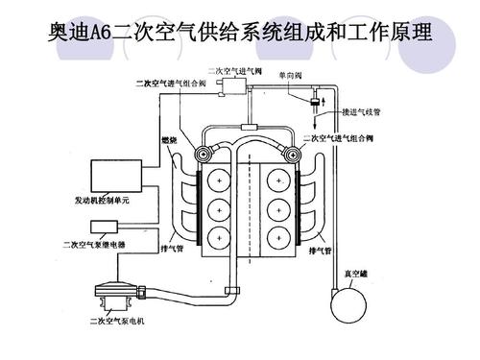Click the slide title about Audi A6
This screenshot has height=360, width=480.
[240, 36]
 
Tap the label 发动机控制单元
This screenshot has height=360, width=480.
[102, 203]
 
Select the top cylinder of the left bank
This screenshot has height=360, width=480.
[221, 180]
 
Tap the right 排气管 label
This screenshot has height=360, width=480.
[321, 251]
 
